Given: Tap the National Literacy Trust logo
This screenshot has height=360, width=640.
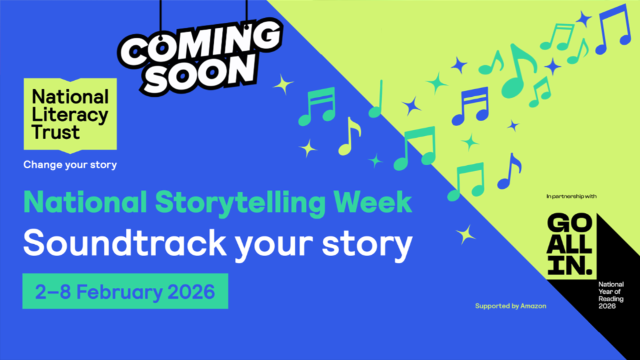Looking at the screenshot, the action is (x=70, y=115).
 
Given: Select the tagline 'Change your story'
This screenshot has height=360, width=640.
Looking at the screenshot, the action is (x=70, y=165).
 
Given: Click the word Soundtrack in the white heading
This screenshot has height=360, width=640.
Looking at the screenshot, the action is (x=125, y=243).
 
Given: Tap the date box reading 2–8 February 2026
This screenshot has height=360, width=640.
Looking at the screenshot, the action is (x=125, y=291).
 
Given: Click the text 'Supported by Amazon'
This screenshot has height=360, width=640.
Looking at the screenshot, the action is (x=510, y=306).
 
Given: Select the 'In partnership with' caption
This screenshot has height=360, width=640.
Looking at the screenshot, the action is (x=571, y=196).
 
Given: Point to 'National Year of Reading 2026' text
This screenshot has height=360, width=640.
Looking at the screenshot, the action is (x=611, y=295).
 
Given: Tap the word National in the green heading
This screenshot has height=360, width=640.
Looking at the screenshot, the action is (x=85, y=202).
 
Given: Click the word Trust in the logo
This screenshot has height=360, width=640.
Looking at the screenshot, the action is (x=55, y=132).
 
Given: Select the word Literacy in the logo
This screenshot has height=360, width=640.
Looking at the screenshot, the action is (x=70, y=115).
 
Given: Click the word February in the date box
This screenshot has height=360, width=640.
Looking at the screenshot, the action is (x=119, y=292).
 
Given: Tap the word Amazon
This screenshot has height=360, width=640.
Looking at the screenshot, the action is (x=533, y=306).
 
